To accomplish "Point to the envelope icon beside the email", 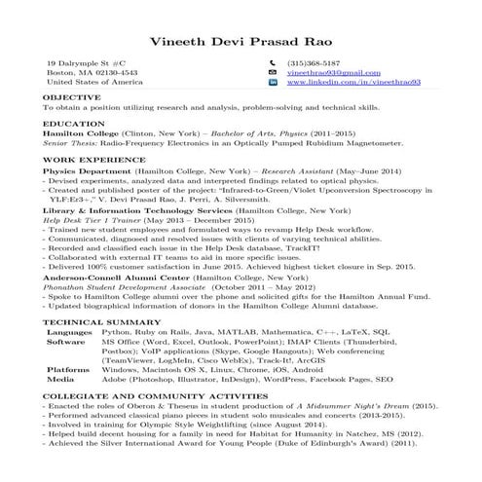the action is tap(273, 73).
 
